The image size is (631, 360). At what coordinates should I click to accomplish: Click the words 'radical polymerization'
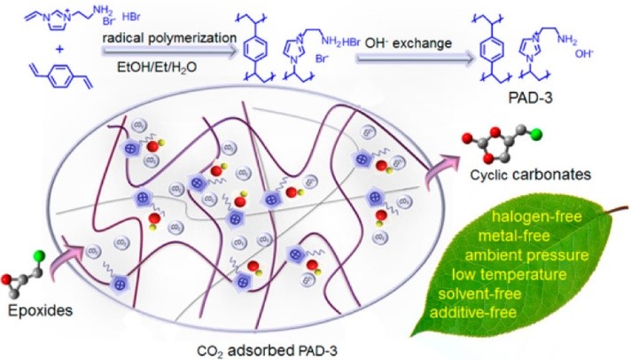coord(169,38)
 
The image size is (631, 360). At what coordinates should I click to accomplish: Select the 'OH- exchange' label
coord(408,43)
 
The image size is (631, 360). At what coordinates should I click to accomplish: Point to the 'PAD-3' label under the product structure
coord(530,98)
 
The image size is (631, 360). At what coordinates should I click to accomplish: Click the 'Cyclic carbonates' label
coord(530,175)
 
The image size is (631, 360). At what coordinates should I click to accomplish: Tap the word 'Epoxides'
coord(40,311)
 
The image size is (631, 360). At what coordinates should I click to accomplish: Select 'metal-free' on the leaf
coord(513,236)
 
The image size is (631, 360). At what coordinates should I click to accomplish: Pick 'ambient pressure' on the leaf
coord(526,255)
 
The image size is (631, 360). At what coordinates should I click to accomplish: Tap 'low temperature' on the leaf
coord(509,275)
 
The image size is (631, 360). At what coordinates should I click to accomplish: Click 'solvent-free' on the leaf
coord(479,293)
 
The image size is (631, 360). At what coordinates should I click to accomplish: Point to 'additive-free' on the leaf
coord(473,312)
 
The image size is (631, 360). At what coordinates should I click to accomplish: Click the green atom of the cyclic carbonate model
coord(536,136)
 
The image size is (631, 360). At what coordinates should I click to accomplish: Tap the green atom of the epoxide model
coord(39,256)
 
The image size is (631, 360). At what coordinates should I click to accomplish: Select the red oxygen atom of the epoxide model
coord(6,278)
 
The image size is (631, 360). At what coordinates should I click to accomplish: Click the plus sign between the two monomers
coord(59,50)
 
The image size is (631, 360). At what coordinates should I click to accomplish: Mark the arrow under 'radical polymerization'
coord(169,51)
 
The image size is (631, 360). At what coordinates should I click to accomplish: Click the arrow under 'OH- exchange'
coord(415,59)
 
